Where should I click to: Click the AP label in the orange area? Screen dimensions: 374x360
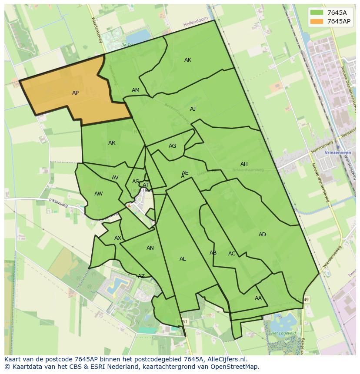coord(75,93)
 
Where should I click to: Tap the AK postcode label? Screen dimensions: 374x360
coord(187,60)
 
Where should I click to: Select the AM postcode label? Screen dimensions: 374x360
coord(136,90)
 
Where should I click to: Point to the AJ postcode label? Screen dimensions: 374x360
coord(193,109)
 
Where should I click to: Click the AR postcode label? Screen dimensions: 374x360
coord(112,143)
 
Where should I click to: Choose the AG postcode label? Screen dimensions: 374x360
coord(172,146)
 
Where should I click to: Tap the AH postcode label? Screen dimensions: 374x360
coord(244,164)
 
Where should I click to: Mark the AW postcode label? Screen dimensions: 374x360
coord(99,194)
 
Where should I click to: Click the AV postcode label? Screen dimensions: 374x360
coord(115,178)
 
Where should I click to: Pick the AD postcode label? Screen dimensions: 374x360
coord(262,235)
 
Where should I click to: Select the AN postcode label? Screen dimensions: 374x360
coord(150,248)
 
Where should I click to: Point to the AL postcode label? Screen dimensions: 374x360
coord(183,259)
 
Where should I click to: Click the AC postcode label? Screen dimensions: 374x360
coord(232,254)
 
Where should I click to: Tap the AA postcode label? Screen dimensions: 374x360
coord(258,298)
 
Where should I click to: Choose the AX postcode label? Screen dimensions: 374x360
coord(118,238)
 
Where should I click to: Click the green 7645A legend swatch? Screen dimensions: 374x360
coord(317,13)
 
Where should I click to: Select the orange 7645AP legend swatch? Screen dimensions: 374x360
coord(317,21)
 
